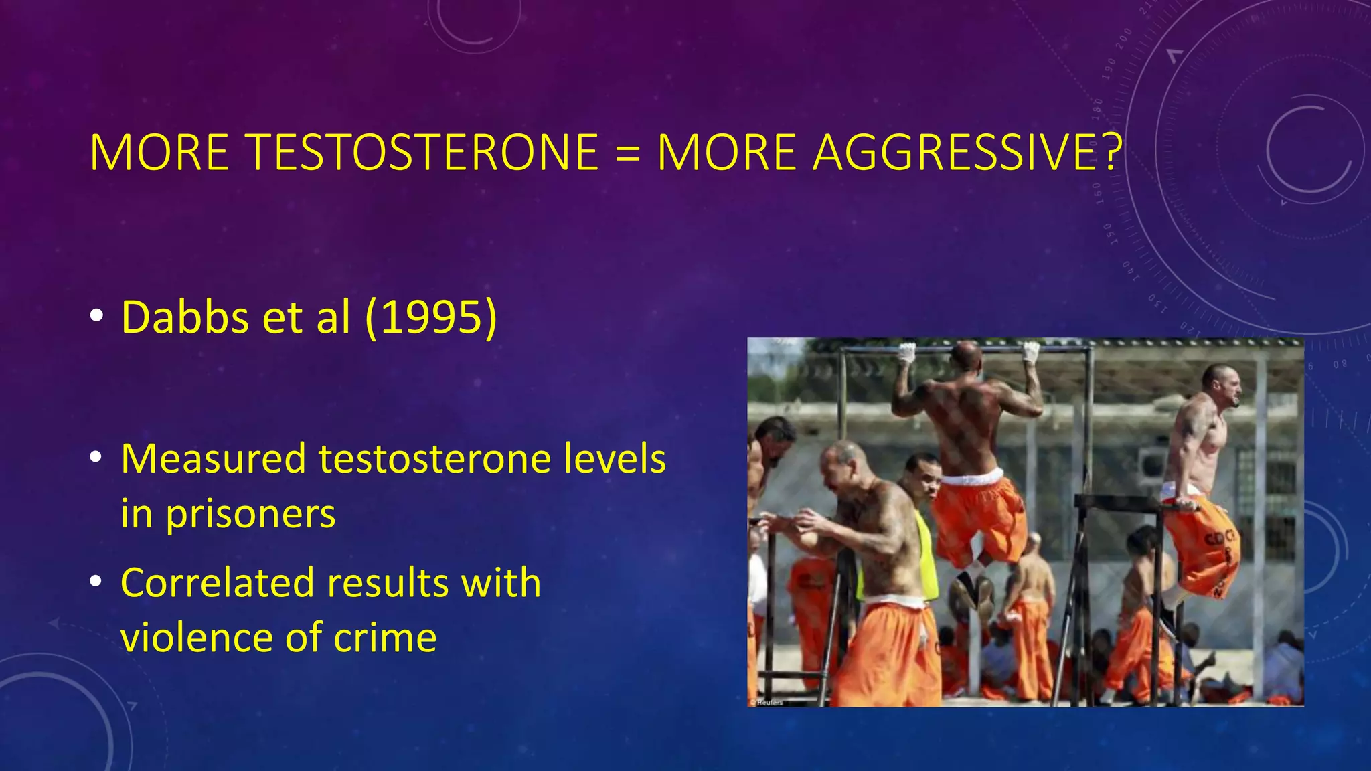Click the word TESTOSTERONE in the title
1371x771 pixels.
(423, 153)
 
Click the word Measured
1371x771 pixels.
(213, 459)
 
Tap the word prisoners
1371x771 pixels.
(250, 515)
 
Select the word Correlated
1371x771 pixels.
(217, 582)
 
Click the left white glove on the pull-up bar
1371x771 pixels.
(906, 352)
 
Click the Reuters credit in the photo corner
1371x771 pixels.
(767, 702)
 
